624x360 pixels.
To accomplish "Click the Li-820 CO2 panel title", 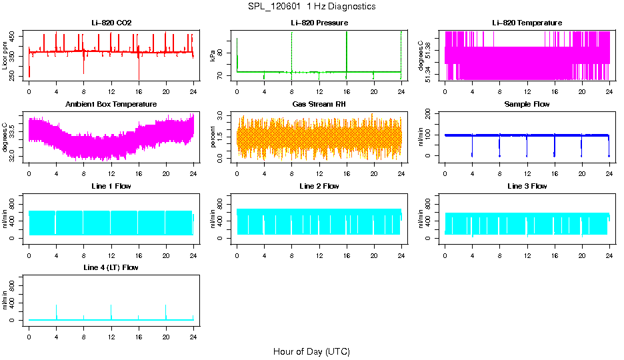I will [111, 23].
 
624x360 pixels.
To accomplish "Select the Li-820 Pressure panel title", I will [319, 23].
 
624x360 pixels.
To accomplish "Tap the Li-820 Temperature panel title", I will [527, 23].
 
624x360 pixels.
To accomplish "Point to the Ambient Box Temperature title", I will [111, 105].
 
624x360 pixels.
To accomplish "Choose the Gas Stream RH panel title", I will [319, 105].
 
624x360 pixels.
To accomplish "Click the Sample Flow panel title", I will [527, 105].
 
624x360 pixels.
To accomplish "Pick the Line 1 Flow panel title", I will [111, 186].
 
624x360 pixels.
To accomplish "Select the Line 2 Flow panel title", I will [319, 186].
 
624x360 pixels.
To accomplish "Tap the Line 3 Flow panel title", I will [527, 186].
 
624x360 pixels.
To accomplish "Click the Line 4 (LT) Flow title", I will [111, 267].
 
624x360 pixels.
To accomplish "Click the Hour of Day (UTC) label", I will [311, 351].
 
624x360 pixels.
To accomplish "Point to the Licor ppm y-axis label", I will [6, 56].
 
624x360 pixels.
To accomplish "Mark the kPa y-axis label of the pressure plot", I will [213, 56].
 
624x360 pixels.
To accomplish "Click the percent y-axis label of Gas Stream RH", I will [213, 137].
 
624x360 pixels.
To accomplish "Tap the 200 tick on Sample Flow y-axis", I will [429, 114].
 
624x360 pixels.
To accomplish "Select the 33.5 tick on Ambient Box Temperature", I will [13, 125].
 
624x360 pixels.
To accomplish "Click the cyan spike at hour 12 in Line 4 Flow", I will [111, 312].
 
